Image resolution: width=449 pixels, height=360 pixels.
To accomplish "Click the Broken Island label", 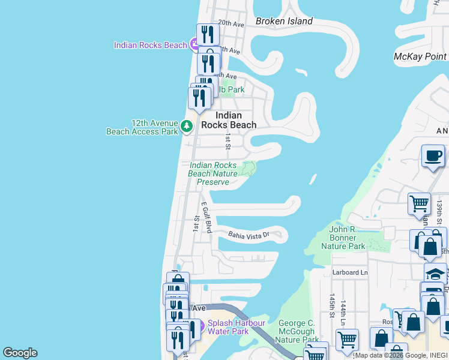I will (284, 21).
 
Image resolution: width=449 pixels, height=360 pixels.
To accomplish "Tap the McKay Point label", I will (420, 56).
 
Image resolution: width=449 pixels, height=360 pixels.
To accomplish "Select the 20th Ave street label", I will (231, 24).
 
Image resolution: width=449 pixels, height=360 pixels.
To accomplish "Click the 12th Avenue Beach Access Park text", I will (142, 127).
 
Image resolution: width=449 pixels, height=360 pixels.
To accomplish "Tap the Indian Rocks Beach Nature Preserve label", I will (212, 173).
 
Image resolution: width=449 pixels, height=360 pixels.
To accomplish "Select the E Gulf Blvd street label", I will (206, 217).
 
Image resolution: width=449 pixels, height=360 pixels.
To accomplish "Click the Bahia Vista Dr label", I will (247, 235).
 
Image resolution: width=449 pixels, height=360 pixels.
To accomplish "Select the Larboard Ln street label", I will (349, 272).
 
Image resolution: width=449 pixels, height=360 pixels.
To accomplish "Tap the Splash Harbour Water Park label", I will (237, 327).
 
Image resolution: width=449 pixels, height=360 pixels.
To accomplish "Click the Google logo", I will (20, 353).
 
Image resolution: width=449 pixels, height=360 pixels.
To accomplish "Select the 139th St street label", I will (439, 212).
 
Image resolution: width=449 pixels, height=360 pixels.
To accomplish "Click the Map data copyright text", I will (400, 355).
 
